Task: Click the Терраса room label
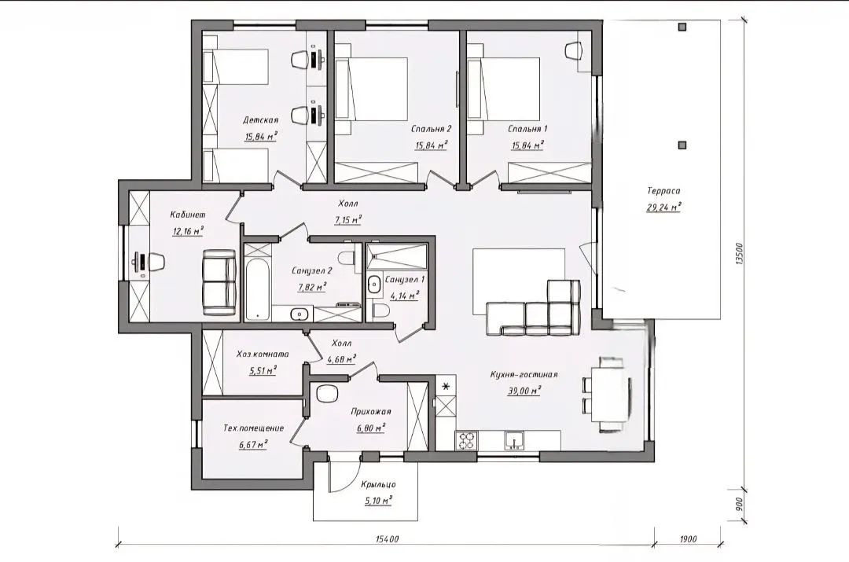click(x=663, y=190)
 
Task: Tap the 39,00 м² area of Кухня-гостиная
click(x=524, y=391)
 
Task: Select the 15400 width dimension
click(x=387, y=539)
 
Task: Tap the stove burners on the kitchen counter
click(x=466, y=440)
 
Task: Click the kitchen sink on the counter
click(x=515, y=440)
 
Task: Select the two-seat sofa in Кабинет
click(x=219, y=281)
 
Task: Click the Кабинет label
click(x=187, y=215)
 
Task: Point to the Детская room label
click(x=260, y=120)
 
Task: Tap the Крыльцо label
click(x=378, y=484)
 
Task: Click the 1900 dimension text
click(x=688, y=539)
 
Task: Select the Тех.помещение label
click(x=253, y=428)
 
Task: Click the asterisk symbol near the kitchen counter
click(x=447, y=387)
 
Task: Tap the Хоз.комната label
click(x=263, y=354)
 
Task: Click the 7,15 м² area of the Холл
click(x=348, y=220)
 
